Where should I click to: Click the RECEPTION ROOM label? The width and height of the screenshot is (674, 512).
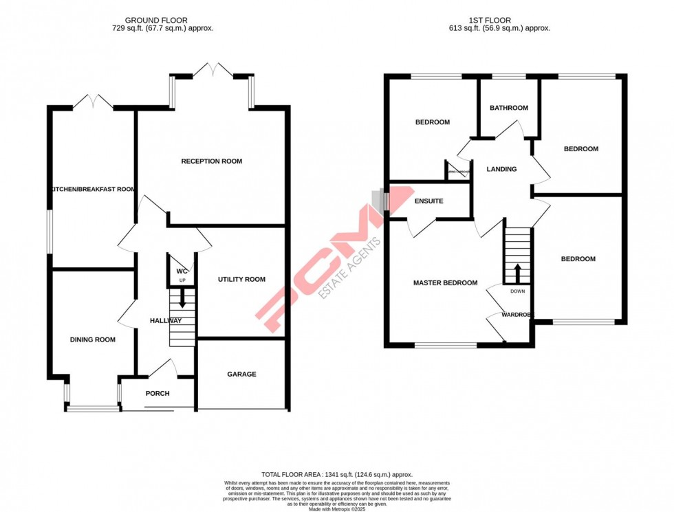211,162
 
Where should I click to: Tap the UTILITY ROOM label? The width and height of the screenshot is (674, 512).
241,279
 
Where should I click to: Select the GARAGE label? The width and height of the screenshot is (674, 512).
241,375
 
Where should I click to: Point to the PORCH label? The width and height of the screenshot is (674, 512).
157,394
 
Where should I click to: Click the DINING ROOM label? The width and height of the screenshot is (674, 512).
92,340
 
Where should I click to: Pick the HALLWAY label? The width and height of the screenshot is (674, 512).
165,321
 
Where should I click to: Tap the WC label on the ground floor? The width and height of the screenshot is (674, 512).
182,271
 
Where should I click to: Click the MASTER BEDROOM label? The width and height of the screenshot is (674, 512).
445,282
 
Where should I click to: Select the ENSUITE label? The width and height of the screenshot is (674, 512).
429,201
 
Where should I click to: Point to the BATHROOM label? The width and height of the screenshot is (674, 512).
508,108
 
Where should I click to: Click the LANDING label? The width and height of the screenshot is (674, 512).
501,169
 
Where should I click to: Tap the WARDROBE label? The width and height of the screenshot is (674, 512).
517,315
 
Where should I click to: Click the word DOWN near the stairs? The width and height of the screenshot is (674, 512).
517,291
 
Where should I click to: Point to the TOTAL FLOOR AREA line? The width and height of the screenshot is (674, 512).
336,475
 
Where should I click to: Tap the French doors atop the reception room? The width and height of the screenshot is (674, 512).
213,69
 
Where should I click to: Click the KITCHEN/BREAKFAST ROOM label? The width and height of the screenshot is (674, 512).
91,189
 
